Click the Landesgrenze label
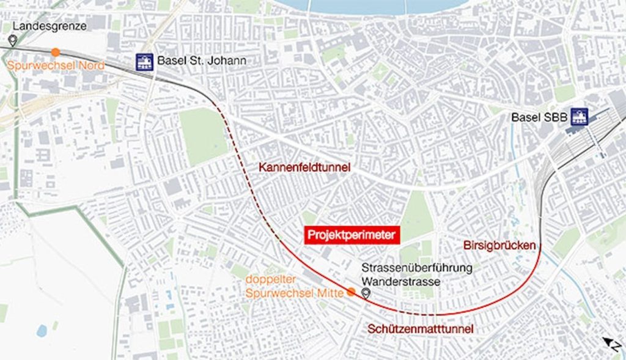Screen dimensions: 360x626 coord(49,26)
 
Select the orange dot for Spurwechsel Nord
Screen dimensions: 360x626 coord(56,52)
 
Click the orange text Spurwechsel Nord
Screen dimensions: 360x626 coord(56,65)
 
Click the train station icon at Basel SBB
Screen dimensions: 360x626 coord(578,116)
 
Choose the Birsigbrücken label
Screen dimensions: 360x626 coord(499,246)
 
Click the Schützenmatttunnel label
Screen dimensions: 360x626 coord(421,329)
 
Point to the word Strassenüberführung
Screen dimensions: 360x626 coord(416,268)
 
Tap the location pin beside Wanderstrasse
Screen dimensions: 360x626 coord(366,293)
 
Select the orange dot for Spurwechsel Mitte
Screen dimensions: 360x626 coord(351,292)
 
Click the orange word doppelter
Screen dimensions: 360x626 coord(267,281)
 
